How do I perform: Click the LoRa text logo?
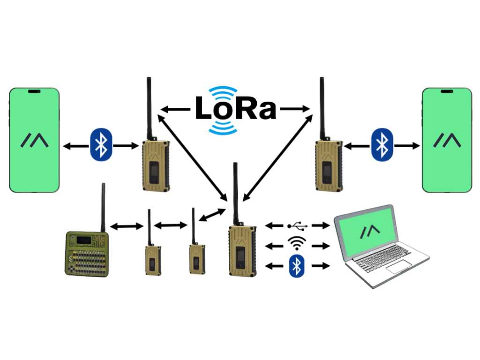(235, 109)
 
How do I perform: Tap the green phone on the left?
(34, 140)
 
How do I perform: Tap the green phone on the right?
(446, 140)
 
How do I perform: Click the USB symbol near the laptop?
(298, 226)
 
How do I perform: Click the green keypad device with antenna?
(86, 253)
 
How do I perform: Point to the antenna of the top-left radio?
(149, 108)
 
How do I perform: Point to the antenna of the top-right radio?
(322, 108)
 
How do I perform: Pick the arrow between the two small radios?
(170, 226)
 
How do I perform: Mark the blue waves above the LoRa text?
(223, 91)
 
